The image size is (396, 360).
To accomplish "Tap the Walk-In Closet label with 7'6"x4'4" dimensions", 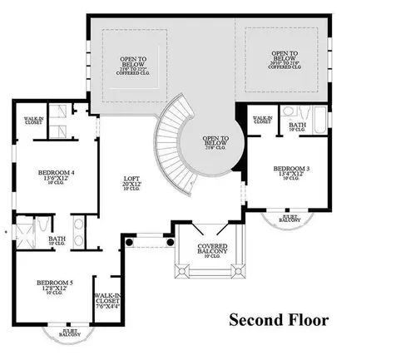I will point(106,299).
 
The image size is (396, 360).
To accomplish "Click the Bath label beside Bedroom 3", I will point(298,125).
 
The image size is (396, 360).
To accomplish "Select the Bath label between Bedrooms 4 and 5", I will point(57,239).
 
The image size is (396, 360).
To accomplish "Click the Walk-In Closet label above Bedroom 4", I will point(33,121).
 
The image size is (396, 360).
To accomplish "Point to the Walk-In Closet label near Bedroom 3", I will point(263,121).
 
